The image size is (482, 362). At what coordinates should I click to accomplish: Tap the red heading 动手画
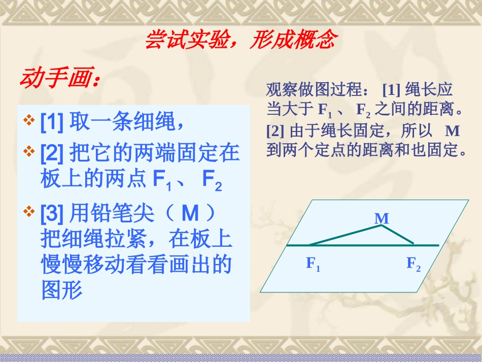[60, 79]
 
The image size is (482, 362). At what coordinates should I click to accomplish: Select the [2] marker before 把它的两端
[52, 153]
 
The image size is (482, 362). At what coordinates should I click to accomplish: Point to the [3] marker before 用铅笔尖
[52, 215]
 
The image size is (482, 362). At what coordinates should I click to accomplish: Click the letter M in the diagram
[382, 218]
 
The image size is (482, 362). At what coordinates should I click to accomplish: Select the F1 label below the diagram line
[313, 264]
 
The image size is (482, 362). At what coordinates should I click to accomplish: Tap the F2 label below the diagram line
[414, 264]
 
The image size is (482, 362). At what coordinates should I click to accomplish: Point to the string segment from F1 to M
[345, 235]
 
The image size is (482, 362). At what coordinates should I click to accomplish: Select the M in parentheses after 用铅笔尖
[190, 215]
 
